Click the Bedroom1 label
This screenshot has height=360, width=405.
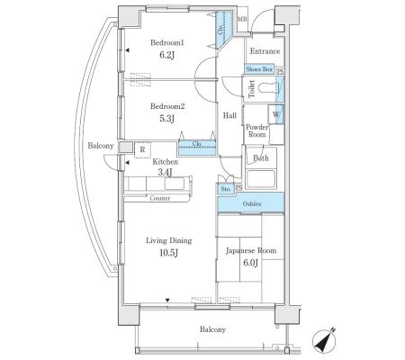tap(166, 43)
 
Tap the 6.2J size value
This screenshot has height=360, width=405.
tap(166, 55)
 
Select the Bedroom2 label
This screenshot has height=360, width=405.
tap(167, 106)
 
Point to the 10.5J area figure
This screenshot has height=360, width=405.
tap(169, 253)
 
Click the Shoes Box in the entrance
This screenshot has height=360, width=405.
tap(259, 69)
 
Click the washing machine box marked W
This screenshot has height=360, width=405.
tap(276, 114)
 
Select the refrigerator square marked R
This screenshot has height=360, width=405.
tap(142, 149)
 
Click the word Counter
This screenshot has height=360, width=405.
tap(160, 198)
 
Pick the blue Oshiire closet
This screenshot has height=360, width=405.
tap(251, 202)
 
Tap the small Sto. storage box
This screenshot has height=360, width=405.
tap(226, 189)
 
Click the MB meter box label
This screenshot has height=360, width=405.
tap(242, 20)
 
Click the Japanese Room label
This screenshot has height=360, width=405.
tap(251, 250)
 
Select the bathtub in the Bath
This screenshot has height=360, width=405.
tap(261, 179)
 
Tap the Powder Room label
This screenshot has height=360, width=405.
tap(257, 130)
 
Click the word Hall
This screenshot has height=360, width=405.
tap(229, 115)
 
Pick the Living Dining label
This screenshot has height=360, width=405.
tap(169, 240)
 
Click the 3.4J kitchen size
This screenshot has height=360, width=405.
tap(166, 172)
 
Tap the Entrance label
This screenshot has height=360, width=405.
tap(265, 51)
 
